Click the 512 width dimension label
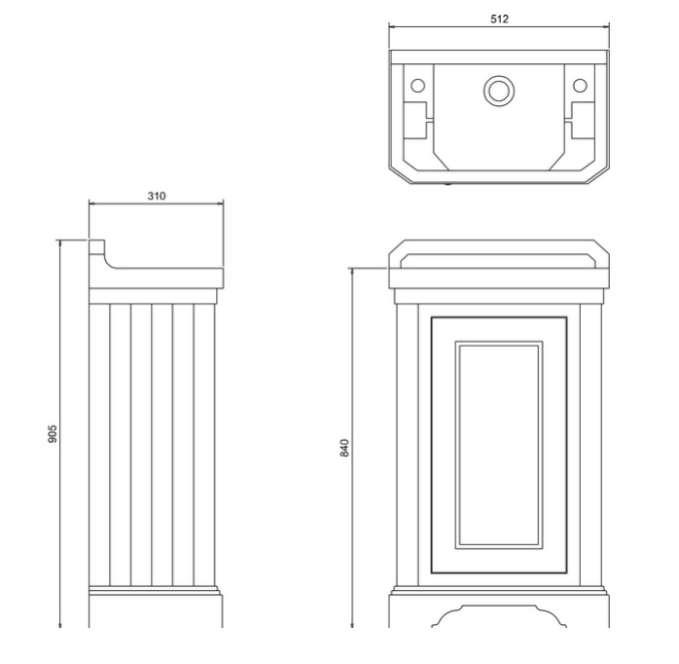(x=499, y=19)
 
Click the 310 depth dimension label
(x=157, y=197)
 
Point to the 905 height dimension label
(x=52, y=434)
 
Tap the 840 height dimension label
(x=344, y=448)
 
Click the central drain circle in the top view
(x=499, y=91)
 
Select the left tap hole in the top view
(x=418, y=86)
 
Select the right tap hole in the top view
(x=580, y=86)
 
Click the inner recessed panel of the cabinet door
(x=499, y=445)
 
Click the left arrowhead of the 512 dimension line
(x=392, y=27)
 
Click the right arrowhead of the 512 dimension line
(x=606, y=27)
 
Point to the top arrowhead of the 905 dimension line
(x=60, y=242)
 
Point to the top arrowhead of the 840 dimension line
(x=352, y=272)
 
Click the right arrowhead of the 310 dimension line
(x=221, y=203)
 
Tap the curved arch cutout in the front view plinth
(x=499, y=615)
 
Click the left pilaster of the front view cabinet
(x=407, y=445)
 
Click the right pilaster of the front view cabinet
(x=590, y=445)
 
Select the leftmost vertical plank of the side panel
(x=99, y=445)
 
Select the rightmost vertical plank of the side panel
(x=204, y=445)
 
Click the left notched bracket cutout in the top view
(x=418, y=121)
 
